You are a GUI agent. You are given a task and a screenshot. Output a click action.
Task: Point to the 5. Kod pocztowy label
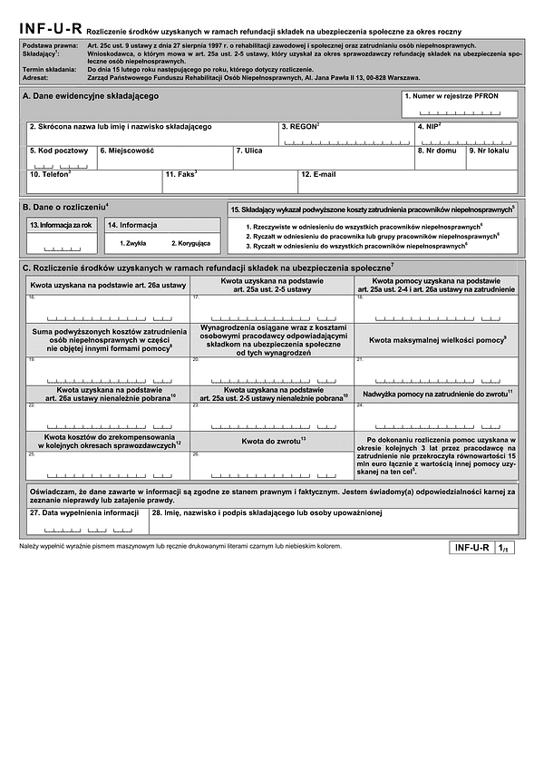tap(58, 151)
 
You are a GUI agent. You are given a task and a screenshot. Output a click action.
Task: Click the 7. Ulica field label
tap(248, 151)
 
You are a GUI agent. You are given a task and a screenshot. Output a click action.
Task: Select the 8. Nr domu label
tap(439, 151)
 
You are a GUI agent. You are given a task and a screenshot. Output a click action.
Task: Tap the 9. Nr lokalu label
tap(491, 151)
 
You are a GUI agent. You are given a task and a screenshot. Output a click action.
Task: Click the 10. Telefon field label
tap(51, 174)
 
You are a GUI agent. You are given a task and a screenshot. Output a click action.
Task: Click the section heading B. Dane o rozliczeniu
tap(65, 208)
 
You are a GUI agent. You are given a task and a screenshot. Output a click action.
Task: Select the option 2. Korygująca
tap(190, 243)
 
